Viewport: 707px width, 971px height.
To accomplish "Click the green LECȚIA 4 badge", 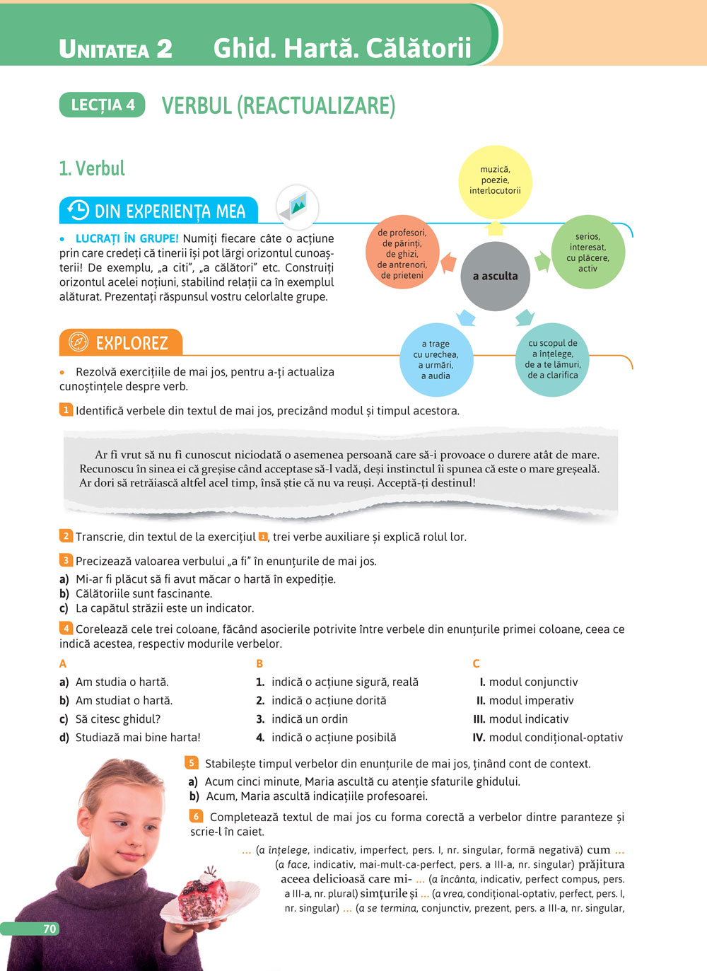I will (103, 105).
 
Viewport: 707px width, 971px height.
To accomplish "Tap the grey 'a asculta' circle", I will (495, 276).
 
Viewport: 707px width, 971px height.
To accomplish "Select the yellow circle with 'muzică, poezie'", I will (495, 181).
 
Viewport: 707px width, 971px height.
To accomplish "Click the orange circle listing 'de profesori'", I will (402, 253).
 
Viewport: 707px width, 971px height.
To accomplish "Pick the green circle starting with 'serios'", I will (587, 252).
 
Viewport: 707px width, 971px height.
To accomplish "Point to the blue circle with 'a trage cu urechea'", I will (436, 360).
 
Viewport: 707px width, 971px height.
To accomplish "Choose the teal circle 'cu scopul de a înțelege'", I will (553, 359).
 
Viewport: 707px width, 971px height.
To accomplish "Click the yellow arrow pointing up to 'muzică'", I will (495, 228).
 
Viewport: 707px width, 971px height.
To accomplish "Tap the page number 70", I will (49, 929).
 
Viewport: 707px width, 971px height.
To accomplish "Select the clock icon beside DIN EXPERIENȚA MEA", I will (78, 211).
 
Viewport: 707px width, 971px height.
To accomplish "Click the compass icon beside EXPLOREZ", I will (78, 342).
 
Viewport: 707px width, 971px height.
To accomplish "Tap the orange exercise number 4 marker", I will (66, 628).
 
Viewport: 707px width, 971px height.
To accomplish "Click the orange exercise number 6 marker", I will (196, 816).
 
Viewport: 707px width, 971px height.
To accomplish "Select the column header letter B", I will (259, 663).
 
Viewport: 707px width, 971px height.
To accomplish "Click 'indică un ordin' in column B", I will (310, 719).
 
